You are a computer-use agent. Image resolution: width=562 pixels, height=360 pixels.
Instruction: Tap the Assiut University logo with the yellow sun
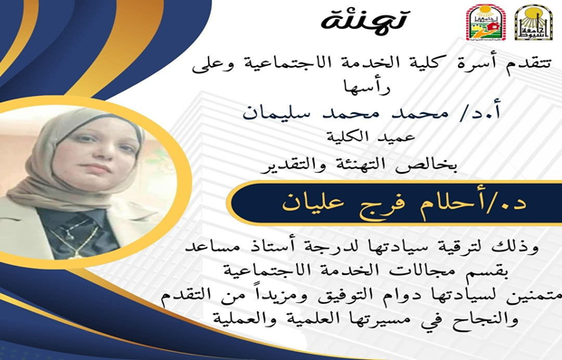click(x=533, y=23)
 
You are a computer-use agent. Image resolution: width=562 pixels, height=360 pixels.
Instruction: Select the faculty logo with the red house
click(x=485, y=23)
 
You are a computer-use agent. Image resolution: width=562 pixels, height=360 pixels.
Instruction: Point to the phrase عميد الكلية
click(x=371, y=137)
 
